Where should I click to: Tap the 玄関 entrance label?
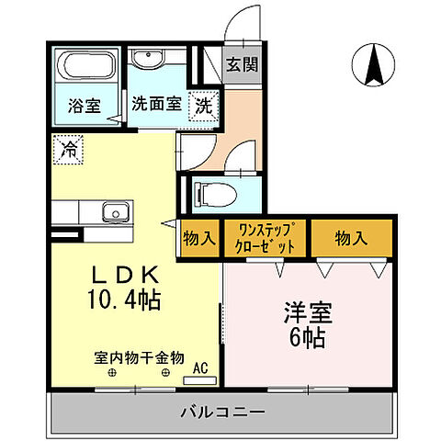pyautogui.click(x=243, y=65)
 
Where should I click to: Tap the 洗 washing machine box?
pyautogui.click(x=203, y=104)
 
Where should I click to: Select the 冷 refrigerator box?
pyautogui.click(x=67, y=148)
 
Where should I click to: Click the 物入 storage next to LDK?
pyautogui.click(x=199, y=239)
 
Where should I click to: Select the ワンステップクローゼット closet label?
pyautogui.click(x=266, y=239)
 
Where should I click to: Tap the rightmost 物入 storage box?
pyautogui.click(x=351, y=239)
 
